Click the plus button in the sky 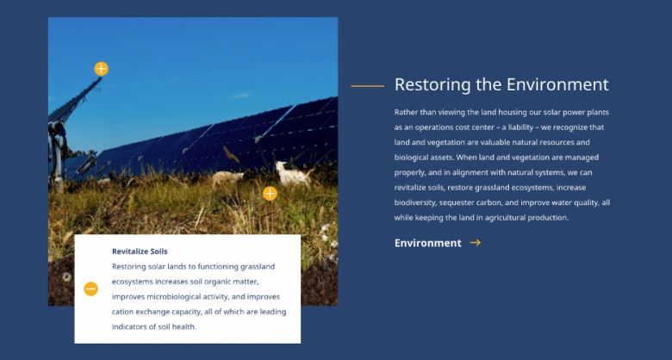101,69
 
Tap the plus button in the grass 270,193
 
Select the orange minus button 90,289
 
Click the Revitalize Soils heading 140,251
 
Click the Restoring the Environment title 501,84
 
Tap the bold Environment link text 427,243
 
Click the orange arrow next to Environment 475,243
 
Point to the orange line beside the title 367,86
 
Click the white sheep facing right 292,174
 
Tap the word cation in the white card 122,312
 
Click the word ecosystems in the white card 133,282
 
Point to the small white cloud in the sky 240,96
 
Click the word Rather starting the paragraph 404,112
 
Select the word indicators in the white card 128,326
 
